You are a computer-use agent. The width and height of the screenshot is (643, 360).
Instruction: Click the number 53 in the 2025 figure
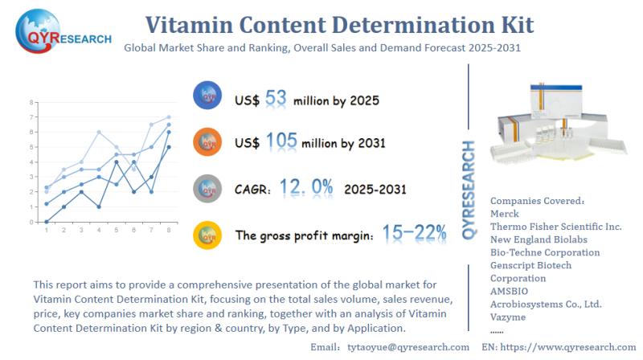276,100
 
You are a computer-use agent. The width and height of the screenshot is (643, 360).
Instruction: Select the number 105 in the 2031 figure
281,143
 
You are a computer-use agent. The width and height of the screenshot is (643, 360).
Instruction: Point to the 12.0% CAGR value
306,189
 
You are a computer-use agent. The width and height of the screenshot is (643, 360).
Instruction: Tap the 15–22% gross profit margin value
414,234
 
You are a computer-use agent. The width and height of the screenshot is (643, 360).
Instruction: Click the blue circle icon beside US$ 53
207,97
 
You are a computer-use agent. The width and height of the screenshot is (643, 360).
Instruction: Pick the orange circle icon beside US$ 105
207,142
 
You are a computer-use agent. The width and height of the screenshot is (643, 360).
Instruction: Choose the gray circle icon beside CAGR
207,189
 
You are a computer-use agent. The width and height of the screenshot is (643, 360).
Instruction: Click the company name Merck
505,214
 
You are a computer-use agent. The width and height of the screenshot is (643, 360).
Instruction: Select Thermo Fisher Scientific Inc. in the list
555,227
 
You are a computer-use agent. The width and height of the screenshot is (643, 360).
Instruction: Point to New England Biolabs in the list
538,239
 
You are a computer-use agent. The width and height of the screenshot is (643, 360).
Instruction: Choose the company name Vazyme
509,317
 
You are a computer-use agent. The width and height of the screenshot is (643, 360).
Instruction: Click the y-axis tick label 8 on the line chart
31,103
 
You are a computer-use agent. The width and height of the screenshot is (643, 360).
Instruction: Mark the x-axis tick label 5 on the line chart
117,230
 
